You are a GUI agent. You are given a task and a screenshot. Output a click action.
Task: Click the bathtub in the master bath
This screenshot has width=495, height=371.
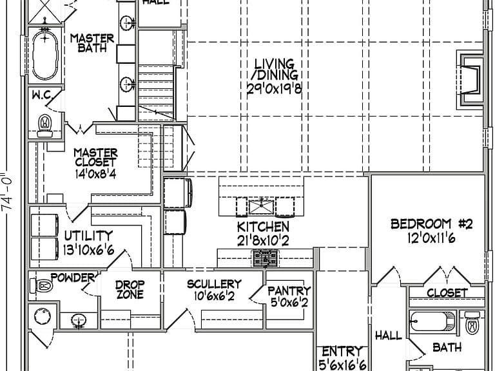[45, 55]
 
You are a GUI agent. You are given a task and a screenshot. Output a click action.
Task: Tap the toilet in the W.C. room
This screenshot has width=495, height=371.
[45, 126]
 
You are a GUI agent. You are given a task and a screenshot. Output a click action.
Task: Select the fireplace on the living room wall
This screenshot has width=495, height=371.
[470, 80]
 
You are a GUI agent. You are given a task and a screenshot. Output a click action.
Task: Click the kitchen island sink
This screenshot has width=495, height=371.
[261, 207]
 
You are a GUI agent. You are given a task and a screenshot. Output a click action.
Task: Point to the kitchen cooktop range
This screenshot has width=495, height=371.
[266, 258]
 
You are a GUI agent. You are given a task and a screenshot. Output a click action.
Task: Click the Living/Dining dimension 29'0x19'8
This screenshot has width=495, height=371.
[274, 89]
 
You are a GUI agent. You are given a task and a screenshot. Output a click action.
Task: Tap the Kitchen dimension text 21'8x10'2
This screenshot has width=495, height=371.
[263, 241]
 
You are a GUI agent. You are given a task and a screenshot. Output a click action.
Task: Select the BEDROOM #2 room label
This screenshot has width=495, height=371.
[432, 224]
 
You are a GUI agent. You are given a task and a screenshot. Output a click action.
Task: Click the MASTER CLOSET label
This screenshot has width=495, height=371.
[95, 157]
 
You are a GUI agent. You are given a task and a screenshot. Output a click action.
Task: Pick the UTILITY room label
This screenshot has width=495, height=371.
[88, 236]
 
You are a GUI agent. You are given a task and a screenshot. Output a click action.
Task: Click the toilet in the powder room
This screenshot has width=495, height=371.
[41, 286]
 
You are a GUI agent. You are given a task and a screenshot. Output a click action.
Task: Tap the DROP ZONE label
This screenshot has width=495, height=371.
[130, 290]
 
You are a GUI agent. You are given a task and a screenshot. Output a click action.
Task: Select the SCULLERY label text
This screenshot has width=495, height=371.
[215, 284]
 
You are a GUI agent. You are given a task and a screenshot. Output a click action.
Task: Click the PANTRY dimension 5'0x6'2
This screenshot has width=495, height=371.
[289, 303]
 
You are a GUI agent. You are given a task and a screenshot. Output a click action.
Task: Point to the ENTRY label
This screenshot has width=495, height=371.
[342, 351]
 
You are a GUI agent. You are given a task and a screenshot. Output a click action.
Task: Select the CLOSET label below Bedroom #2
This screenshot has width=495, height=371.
[447, 293]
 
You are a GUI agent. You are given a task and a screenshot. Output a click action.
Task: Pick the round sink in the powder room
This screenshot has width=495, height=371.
[43, 316]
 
